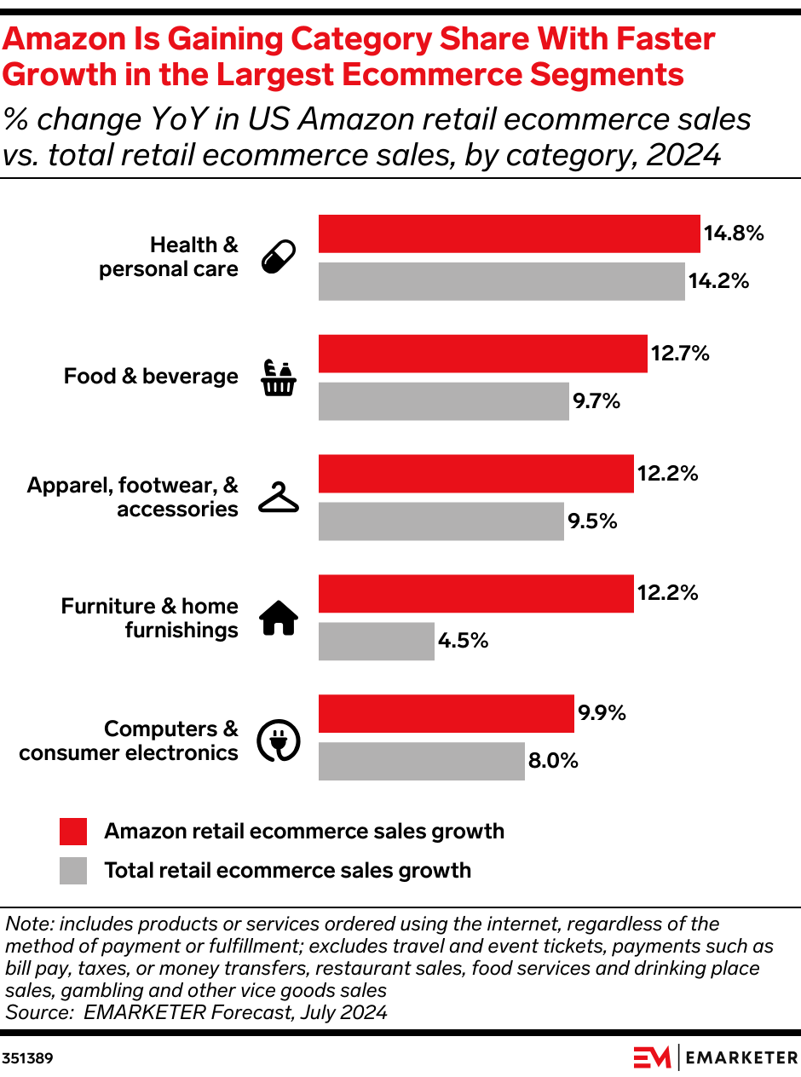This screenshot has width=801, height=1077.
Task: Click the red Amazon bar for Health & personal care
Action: tap(509, 233)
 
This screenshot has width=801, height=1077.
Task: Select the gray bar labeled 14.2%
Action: tap(501, 281)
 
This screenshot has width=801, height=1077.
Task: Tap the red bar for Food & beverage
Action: tap(482, 354)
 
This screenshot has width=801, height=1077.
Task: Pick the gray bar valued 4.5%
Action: tap(376, 641)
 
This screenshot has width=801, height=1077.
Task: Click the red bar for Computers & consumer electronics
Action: tap(446, 713)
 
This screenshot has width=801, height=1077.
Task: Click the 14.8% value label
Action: tap(733, 233)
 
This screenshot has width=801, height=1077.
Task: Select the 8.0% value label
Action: tap(553, 761)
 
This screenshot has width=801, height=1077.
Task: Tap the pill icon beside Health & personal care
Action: tap(278, 256)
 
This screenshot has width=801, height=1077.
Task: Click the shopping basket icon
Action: tap(279, 378)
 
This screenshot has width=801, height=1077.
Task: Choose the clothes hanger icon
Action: tap(279, 498)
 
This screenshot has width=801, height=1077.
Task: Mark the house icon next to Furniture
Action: tap(279, 618)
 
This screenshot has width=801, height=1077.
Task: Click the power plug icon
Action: tap(279, 740)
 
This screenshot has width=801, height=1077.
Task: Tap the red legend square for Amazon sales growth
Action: tap(73, 832)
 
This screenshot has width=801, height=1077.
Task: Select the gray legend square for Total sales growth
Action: tap(73, 871)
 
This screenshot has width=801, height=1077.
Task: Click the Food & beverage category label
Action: tap(151, 377)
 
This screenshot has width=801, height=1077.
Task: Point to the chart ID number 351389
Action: tap(27, 1059)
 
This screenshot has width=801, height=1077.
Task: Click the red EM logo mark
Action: tap(652, 1057)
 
